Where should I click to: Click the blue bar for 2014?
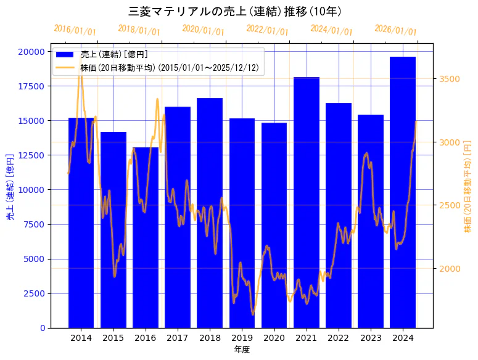click(x=81, y=223)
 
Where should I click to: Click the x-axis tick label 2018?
click(x=210, y=338)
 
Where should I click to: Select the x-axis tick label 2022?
click(x=339, y=338)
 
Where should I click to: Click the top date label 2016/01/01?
click(x=75, y=30)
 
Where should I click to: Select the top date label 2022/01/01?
click(x=267, y=30)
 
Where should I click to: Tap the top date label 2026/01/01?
click(x=395, y=30)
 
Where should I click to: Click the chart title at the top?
click(x=239, y=11)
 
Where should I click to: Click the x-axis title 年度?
click(x=242, y=350)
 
